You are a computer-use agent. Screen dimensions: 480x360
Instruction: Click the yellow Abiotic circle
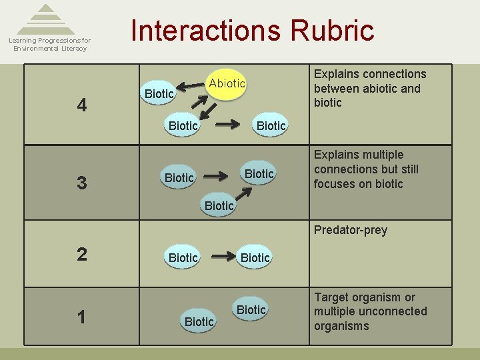pyautogui.click(x=227, y=84)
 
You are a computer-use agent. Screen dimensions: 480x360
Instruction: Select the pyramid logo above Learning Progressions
pyautogui.click(x=45, y=19)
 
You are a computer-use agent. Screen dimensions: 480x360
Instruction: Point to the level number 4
pyautogui.click(x=81, y=105)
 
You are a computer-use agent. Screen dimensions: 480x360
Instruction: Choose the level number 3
pyautogui.click(x=81, y=183)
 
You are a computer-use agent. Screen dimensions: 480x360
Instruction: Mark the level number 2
pyautogui.click(x=81, y=254)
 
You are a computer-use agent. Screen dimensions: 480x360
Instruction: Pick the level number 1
pyautogui.click(x=81, y=317)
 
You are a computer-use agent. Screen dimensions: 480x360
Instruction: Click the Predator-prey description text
pyautogui.click(x=350, y=230)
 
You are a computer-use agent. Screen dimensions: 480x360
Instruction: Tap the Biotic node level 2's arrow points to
pyautogui.click(x=255, y=257)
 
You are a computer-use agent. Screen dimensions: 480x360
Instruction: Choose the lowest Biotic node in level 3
pyautogui.click(x=219, y=206)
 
